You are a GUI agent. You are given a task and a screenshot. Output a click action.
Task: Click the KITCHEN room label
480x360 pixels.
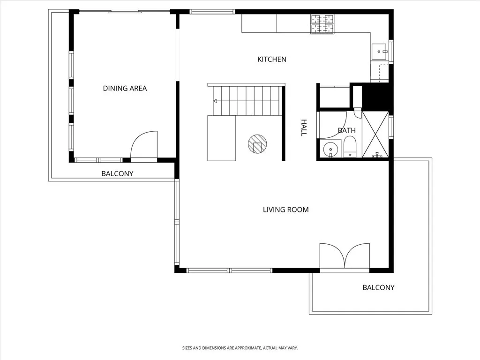click(272, 60)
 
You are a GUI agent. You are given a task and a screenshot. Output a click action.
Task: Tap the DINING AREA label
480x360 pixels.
click(125, 88)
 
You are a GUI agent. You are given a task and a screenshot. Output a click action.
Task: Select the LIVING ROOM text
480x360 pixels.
click(285, 210)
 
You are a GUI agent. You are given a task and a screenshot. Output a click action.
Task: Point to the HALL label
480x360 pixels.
click(303, 127)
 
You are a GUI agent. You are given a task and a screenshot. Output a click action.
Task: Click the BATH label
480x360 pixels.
click(346, 130)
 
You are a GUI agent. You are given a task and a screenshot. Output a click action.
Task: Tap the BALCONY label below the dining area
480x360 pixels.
click(117, 173)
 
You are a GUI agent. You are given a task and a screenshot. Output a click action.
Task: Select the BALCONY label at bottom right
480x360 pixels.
click(378, 287)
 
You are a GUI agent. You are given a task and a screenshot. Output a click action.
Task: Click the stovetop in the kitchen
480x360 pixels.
click(323, 24)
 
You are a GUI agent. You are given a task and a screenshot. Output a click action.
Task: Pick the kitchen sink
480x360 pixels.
click(380, 51)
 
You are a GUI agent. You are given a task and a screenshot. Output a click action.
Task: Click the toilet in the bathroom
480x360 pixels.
click(350, 147)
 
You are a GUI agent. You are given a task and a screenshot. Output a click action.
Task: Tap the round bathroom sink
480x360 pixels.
click(331, 149)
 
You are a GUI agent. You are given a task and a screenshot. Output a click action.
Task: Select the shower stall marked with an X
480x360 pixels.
click(375, 134)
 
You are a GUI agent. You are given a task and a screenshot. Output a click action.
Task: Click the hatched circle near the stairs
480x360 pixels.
click(257, 144)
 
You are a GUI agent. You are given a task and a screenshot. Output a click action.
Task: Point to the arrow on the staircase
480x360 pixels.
click(215, 101)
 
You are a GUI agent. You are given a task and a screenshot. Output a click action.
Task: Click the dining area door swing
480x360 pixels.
click(143, 146)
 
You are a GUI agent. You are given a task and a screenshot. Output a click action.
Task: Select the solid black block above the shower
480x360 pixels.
click(377, 97)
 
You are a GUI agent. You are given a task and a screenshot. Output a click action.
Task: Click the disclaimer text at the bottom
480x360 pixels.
click(240, 348)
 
